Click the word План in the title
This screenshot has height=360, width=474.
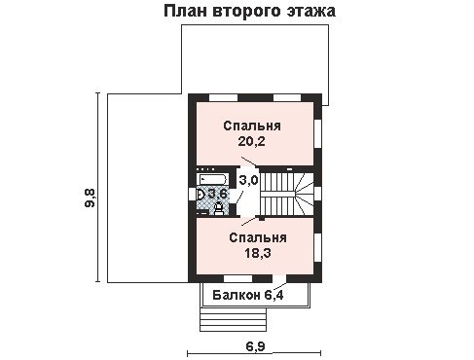185,11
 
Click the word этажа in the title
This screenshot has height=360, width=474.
311,11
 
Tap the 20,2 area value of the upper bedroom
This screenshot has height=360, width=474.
252,141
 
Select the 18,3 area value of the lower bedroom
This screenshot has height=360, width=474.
258,253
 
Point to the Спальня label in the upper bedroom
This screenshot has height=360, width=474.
252,126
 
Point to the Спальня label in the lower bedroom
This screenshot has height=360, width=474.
258,237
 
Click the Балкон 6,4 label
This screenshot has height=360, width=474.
248,295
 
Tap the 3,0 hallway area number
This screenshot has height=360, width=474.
248,180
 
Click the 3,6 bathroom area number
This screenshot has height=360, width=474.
217,195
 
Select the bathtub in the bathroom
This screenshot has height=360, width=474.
213,179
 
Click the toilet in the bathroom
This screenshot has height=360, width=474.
219,208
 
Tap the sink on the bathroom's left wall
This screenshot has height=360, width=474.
201,195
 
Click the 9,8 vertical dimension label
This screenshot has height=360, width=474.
90,198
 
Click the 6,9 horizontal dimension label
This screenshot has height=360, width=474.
255,346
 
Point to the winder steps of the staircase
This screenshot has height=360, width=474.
304,194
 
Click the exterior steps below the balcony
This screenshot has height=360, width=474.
233,319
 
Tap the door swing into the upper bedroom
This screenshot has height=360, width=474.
249,162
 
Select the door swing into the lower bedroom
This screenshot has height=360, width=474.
250,221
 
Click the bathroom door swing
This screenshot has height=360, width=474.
240,198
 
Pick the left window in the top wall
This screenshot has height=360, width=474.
224,97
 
